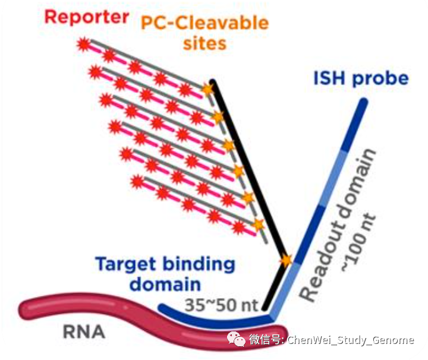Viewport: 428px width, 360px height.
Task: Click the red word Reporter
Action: pyautogui.click(x=86, y=16)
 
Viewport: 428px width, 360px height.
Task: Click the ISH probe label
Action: pyautogui.click(x=361, y=78)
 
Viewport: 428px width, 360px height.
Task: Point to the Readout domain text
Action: pyautogui.click(x=339, y=226)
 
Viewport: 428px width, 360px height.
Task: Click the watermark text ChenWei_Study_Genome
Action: pyautogui.click(x=351, y=340)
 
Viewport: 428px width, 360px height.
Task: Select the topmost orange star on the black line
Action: pyautogui.click(x=207, y=89)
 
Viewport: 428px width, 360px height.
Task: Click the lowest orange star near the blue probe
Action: pyautogui.click(x=286, y=260)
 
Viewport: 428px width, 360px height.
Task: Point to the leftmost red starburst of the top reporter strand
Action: pyautogui.click(x=83, y=43)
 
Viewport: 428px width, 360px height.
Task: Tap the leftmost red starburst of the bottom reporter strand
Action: pyautogui.click(x=137, y=180)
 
